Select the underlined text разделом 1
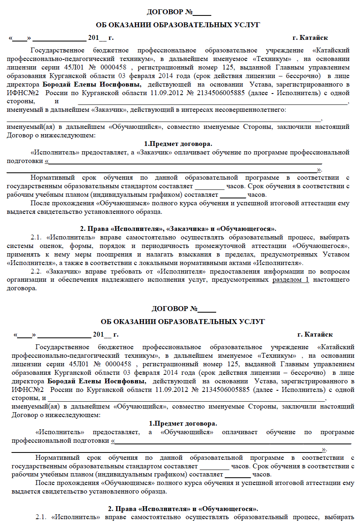point(291,281)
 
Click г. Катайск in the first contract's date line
point(310,38)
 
